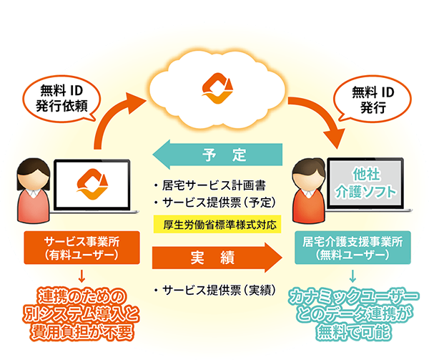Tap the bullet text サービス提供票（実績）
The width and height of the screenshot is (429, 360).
pyautogui.click(x=212, y=291)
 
